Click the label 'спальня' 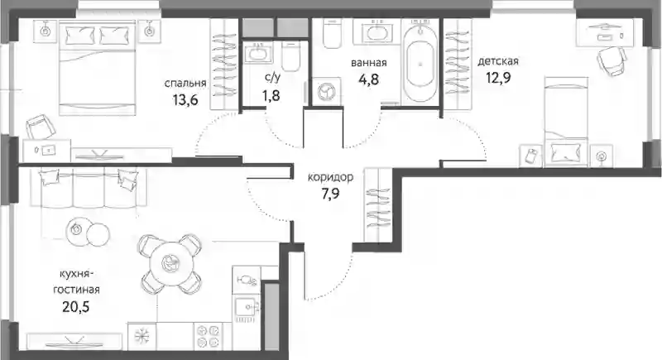click(x=185, y=83)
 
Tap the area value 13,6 click(x=185, y=100)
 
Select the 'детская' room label click(x=498, y=61)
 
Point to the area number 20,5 click(x=76, y=307)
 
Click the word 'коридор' click(x=330, y=177)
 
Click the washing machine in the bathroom click(x=326, y=91)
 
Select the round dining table click(x=171, y=263)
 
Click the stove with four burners click(x=208, y=336)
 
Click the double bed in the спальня click(x=98, y=70)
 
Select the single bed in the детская click(x=566, y=122)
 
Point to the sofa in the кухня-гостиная click(x=89, y=188)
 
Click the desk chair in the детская click(x=612, y=61)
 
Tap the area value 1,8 click(x=271, y=95)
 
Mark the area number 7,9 click(x=330, y=194)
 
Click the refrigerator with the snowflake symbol click(x=142, y=336)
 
